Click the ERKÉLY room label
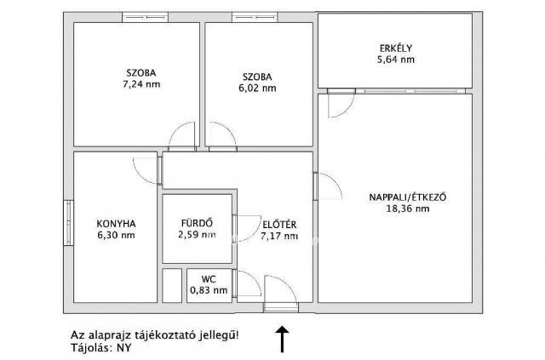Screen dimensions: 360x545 coord(397,48)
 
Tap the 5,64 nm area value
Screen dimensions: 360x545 coord(397,60)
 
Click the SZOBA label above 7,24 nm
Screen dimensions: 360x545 coord(141,73)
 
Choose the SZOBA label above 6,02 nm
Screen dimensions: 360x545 coord(256,75)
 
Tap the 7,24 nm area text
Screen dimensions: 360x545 coord(141,85)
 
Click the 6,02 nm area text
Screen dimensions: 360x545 coord(256,87)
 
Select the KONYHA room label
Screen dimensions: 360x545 coord(117,224)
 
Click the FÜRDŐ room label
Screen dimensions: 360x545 coord(196,223)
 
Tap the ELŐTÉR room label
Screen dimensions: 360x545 coord(278,224)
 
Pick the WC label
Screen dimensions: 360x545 coord(209,278)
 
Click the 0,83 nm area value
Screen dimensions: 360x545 coord(209,290)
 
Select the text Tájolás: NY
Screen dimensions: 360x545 coord(100,346)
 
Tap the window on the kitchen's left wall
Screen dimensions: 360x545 coord(67,223)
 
